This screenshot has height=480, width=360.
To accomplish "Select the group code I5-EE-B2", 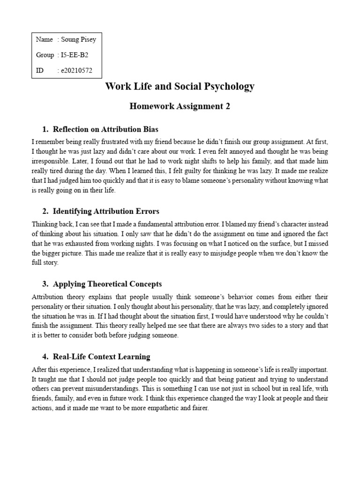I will tap(75, 55).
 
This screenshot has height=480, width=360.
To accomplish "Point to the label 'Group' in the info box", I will tap(45, 55).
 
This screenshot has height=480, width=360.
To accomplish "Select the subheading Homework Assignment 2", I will tap(180, 106).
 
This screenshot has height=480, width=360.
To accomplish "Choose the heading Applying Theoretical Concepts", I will tap(107, 284).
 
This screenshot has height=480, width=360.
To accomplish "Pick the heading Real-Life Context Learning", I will tap(102, 357).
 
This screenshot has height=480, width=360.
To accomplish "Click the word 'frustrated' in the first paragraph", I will tap(112, 141).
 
